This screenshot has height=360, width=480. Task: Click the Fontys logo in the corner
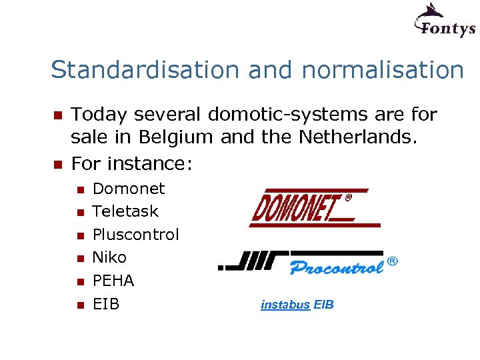(444, 20)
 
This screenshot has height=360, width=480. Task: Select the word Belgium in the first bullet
(175, 137)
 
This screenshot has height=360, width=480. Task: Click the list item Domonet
(128, 189)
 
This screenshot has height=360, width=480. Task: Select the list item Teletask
(125, 211)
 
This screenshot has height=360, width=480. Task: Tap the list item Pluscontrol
(135, 235)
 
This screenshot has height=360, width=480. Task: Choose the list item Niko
(109, 257)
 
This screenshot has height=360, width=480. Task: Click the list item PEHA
(113, 281)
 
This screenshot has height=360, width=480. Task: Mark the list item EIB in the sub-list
(106, 304)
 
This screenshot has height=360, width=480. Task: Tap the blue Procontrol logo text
(337, 267)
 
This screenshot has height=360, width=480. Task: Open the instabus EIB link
(297, 305)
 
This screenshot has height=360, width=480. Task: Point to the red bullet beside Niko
(79, 258)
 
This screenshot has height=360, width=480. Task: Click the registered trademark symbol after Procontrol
(393, 262)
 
